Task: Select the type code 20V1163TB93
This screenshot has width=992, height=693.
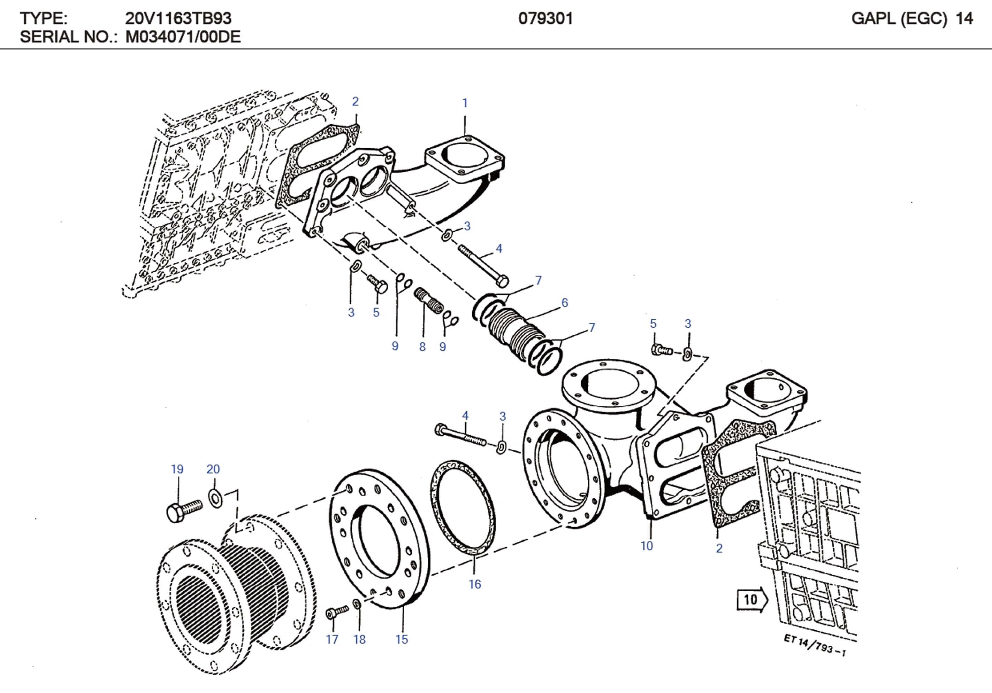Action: [178, 18]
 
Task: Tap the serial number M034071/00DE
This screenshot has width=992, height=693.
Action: [182, 37]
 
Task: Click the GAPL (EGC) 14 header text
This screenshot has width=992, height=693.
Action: [911, 18]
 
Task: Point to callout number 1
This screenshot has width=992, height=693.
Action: [465, 103]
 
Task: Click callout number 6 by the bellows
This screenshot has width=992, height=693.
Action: [564, 303]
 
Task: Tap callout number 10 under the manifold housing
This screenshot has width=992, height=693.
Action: [646, 546]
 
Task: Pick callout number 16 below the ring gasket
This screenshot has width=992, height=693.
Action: [474, 584]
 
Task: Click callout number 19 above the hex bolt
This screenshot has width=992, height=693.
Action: [177, 469]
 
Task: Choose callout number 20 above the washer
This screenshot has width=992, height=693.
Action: [213, 469]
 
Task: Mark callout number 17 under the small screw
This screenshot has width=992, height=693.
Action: [332, 639]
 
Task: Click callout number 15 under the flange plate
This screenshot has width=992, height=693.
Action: [402, 639]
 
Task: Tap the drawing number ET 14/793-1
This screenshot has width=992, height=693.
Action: [815, 645]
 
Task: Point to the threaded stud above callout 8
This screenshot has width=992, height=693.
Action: [428, 301]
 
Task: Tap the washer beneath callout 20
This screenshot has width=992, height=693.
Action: [215, 499]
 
